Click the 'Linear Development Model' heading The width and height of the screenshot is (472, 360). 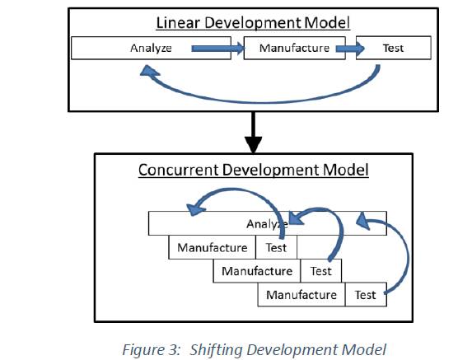[253, 23]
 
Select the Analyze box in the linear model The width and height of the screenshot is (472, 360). [151, 48]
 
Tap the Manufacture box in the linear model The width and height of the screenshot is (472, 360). [294, 48]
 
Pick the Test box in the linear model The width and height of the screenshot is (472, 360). [394, 48]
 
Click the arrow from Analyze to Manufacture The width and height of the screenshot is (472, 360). [218, 48]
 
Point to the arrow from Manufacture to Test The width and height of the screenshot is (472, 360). [350, 48]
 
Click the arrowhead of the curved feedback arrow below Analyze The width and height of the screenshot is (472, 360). [149, 71]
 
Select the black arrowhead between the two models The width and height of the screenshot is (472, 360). [253, 144]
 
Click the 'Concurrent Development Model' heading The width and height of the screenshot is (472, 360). [254, 170]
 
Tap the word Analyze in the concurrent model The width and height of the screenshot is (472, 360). [267, 224]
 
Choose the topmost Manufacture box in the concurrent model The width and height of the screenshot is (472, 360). [212, 247]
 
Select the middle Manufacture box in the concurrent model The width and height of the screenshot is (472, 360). [257, 271]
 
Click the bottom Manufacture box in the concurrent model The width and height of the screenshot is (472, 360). [301, 295]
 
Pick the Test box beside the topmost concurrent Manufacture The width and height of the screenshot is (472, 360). [276, 247]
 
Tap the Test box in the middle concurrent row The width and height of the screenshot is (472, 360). [321, 271]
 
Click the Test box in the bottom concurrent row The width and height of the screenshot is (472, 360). [366, 295]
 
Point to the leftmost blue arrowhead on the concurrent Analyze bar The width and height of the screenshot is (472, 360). [196, 209]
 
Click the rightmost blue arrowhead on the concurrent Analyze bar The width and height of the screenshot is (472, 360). [362, 221]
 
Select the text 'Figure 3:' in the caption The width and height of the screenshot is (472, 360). [151, 350]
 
